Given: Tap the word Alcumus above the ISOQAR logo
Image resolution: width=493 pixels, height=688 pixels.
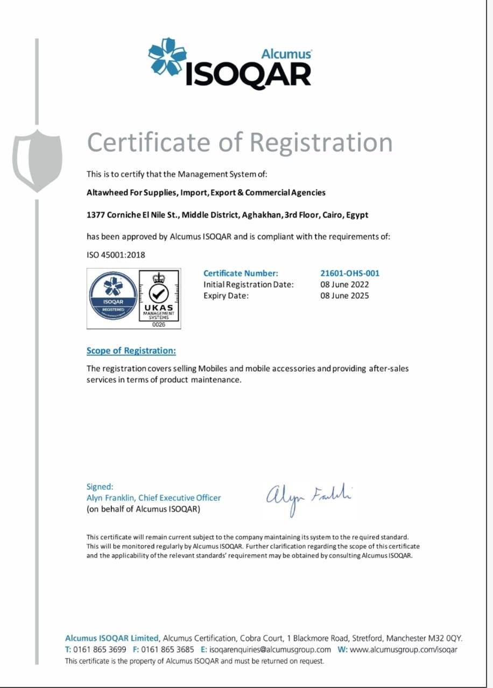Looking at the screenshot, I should pos(286,54).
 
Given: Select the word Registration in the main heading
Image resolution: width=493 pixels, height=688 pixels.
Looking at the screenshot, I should pos(321,142).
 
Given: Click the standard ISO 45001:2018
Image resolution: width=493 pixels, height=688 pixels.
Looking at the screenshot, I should pos(116,255).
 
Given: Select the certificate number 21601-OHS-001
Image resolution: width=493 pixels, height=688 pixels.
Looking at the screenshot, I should pos(350,273).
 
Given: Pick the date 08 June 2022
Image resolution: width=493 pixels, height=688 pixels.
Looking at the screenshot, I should pos(344,284).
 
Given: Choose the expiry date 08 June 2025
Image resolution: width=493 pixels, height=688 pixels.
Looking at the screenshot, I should pos(344,296).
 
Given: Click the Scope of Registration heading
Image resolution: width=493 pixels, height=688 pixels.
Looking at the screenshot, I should pos(131,350).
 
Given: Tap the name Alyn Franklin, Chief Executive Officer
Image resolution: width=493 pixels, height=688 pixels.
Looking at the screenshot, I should pos(153,498).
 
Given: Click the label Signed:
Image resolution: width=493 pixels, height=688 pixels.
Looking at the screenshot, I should pos(100,486).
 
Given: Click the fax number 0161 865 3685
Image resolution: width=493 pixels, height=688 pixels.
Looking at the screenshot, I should pos(167,649).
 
